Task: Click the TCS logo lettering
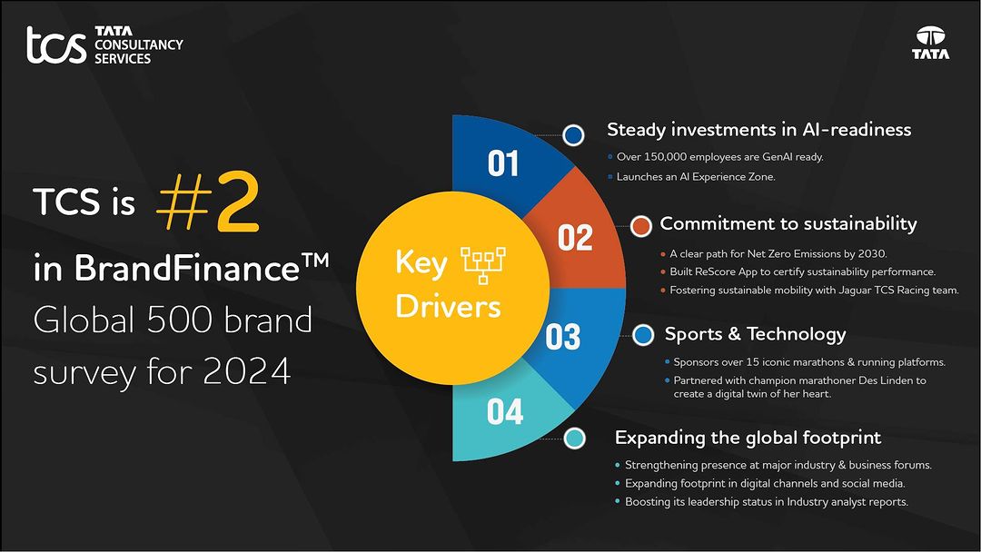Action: (x=56, y=45)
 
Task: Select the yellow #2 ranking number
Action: (x=208, y=204)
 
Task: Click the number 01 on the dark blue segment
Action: (x=503, y=164)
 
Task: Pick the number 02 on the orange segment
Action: (x=575, y=238)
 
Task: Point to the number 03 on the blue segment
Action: (x=562, y=338)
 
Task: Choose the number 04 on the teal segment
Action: (x=505, y=412)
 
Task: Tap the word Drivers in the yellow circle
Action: (x=448, y=306)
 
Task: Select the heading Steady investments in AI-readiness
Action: (x=758, y=130)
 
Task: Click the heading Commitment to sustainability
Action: (x=788, y=224)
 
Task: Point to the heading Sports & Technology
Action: (x=755, y=334)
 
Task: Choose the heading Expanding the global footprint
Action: (x=748, y=438)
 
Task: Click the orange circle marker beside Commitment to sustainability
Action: (x=641, y=224)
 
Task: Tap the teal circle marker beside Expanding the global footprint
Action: (x=574, y=439)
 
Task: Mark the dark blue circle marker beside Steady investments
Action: (x=573, y=135)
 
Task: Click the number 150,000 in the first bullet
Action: (x=668, y=157)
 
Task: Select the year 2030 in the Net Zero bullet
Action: (x=869, y=253)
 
